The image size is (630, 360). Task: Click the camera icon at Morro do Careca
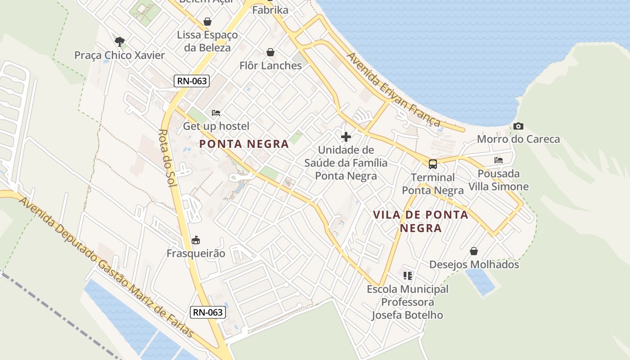[518, 126]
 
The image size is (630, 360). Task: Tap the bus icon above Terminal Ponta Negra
[432, 164]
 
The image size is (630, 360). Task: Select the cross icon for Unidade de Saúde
[346, 136]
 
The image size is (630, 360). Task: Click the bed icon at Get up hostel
[216, 112]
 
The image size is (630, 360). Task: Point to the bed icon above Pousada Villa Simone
[498, 160]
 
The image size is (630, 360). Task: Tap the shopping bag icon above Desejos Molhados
[474, 251]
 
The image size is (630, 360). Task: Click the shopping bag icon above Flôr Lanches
[270, 52]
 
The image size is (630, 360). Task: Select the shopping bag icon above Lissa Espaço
[207, 21]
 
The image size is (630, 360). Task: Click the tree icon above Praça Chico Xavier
[119, 42]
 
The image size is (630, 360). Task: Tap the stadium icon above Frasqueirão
[196, 240]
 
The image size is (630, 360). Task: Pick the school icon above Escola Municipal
[408, 275]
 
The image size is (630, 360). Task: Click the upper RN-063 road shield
[192, 81]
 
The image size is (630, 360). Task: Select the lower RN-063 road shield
[207, 312]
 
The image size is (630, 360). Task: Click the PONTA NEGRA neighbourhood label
[244, 144]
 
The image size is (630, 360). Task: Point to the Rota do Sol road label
[168, 160]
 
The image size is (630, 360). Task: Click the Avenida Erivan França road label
[393, 90]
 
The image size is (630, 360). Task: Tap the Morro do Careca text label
[518, 139]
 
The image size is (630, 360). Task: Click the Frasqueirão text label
[196, 253]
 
